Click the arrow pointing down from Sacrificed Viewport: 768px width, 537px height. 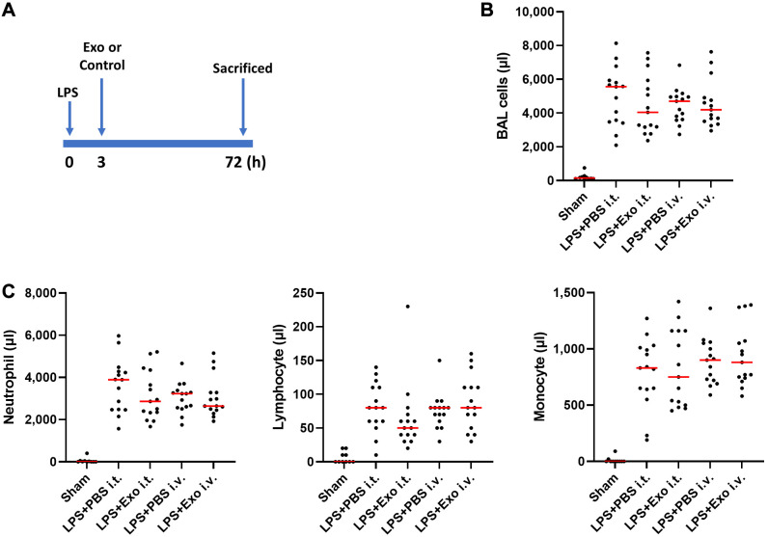243,106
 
